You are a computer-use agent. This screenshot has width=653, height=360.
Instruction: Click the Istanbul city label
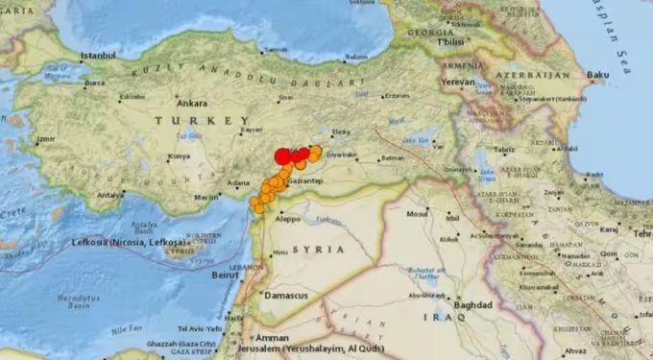(98, 57)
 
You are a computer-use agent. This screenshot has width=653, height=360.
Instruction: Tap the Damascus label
(285, 296)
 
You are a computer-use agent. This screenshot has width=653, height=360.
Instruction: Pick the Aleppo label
(288, 219)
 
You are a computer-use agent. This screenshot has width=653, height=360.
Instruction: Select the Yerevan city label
(460, 82)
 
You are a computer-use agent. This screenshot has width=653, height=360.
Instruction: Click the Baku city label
(598, 74)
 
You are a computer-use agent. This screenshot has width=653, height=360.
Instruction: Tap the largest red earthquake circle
(282, 156)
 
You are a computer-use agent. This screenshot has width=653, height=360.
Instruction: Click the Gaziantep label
(307, 180)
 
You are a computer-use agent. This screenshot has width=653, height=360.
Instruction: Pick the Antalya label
(110, 195)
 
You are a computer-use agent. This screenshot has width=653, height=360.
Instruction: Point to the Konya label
(179, 156)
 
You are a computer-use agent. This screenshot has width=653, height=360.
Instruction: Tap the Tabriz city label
(504, 150)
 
